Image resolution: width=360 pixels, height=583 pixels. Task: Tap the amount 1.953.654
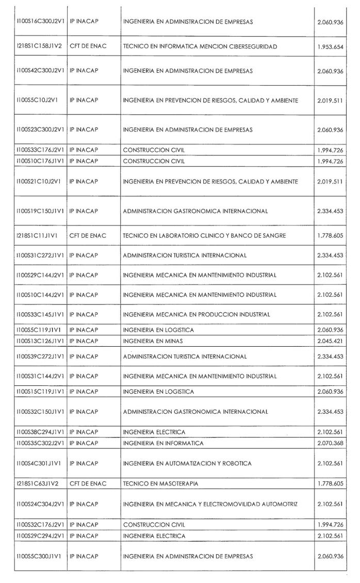tap(331, 46)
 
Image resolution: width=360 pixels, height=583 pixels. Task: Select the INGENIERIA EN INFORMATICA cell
tap(163, 443)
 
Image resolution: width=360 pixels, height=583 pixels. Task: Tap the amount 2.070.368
tap(331, 443)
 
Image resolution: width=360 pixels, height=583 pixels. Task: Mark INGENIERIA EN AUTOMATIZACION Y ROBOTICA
tap(187, 463)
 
